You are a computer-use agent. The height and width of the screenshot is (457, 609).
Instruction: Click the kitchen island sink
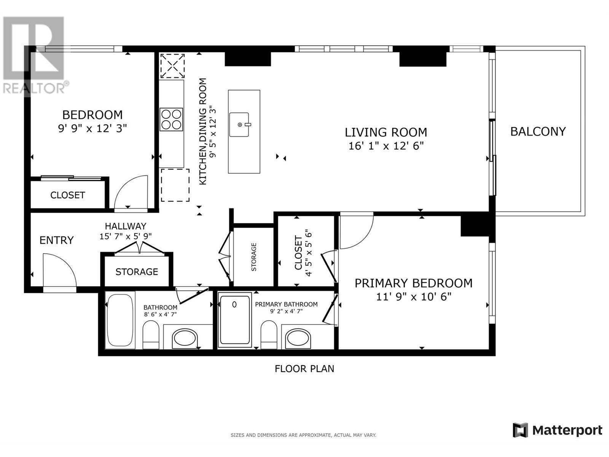(239, 125)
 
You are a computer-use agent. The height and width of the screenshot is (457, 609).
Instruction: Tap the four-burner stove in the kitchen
(171, 120)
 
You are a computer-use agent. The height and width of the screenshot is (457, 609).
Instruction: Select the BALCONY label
(538, 131)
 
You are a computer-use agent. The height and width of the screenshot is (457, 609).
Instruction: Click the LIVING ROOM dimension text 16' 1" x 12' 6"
(386, 146)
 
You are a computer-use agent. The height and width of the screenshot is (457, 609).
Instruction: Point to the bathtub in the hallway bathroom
(120, 320)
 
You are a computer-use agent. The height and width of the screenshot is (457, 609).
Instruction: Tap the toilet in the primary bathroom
(269, 334)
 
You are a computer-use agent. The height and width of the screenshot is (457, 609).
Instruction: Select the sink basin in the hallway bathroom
(185, 338)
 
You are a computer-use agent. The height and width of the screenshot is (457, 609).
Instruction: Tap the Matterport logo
(558, 430)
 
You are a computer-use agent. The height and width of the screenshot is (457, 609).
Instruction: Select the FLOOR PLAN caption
(304, 369)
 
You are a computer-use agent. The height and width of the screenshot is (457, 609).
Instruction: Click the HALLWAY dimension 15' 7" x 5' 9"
(126, 236)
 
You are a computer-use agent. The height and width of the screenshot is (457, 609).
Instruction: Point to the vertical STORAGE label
(254, 257)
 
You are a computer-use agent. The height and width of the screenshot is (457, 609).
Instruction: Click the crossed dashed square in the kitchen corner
(172, 66)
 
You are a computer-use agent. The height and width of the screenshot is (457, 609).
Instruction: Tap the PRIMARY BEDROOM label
(413, 283)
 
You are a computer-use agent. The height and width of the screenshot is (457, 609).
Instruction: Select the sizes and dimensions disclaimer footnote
(303, 435)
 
